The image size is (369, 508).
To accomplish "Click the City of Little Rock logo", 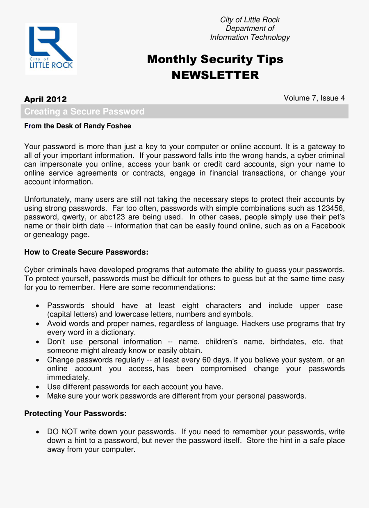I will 51,48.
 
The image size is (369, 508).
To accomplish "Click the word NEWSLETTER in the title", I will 215,75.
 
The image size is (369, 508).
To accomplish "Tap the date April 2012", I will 46,99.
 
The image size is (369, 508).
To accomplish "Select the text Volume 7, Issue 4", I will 314,98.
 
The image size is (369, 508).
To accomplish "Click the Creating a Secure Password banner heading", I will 84,112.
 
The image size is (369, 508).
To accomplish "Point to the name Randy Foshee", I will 107,126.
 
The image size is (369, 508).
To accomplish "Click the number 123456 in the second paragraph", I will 330,208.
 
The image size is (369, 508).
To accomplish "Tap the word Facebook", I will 328,226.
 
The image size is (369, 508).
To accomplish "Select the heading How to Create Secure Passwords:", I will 86,252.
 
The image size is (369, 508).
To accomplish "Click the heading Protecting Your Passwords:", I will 75,414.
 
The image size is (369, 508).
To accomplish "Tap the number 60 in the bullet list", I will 207,360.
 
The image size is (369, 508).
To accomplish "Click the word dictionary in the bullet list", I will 117,333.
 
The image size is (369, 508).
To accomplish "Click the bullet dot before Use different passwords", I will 38,387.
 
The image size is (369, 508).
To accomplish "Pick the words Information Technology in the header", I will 250,37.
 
